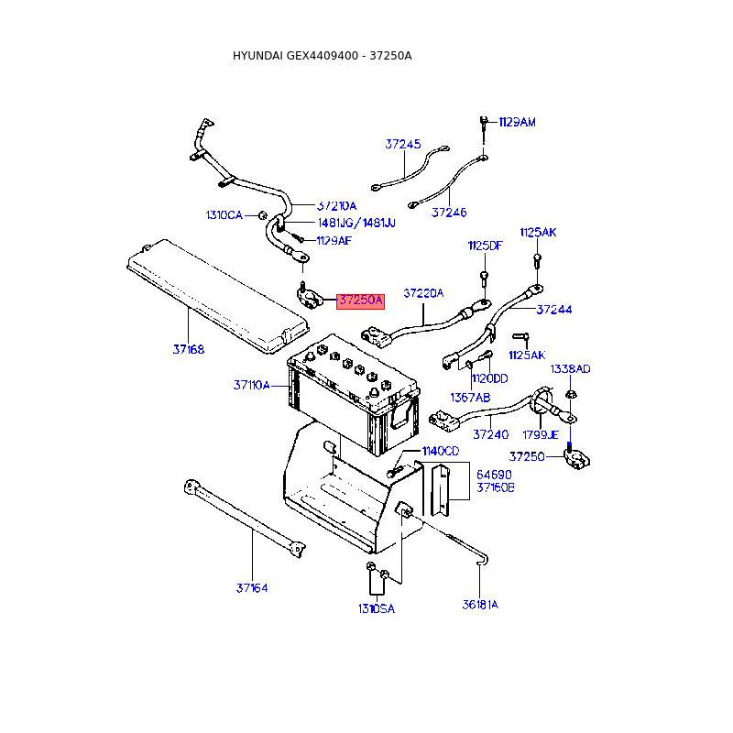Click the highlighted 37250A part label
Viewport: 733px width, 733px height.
click(x=360, y=301)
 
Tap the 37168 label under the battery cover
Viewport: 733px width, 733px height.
click(x=189, y=349)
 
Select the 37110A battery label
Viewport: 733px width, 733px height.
click(x=251, y=385)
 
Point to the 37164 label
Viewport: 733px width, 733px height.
click(x=252, y=587)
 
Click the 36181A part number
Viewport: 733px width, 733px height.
click(x=480, y=605)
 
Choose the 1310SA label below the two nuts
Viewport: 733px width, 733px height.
click(x=377, y=608)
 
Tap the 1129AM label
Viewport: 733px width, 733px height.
click(x=517, y=122)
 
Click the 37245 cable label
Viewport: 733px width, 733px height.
click(x=403, y=144)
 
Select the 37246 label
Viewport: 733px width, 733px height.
click(x=449, y=213)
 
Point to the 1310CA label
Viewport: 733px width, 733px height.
click(x=224, y=215)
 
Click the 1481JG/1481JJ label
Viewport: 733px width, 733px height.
click(x=356, y=223)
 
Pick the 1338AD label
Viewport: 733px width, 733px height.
click(x=570, y=369)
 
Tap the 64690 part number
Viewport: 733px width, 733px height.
click(x=494, y=475)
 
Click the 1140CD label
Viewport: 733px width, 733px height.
click(x=441, y=451)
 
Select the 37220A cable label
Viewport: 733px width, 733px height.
click(x=423, y=293)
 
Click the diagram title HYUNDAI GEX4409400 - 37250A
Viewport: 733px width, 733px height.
click(x=323, y=56)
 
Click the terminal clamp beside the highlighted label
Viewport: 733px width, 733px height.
click(x=310, y=298)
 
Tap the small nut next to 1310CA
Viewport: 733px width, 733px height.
click(x=263, y=215)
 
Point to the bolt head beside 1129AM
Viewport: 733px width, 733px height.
click(x=484, y=121)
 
